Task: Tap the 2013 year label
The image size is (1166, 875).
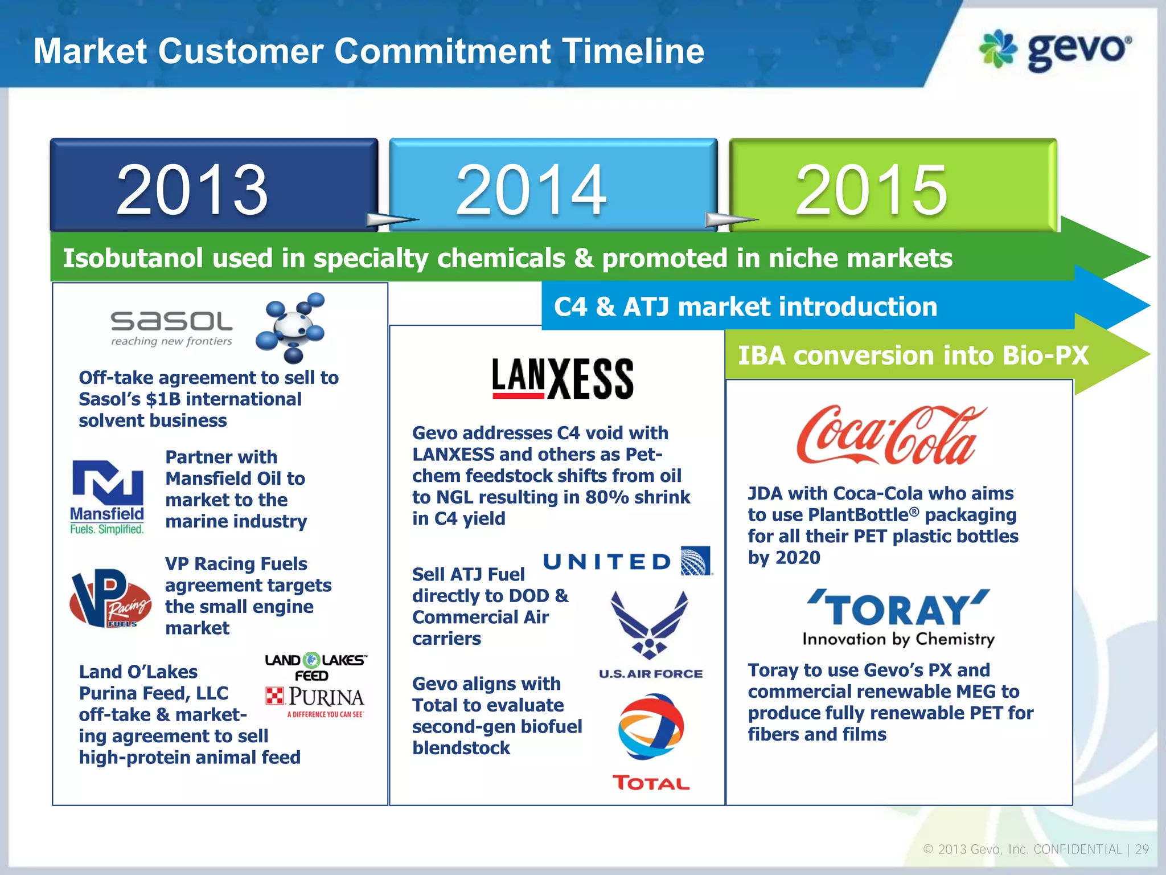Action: (192, 190)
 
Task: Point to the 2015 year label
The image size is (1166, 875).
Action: (871, 190)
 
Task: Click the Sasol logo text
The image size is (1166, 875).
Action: (171, 322)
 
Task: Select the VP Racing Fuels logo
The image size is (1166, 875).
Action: (110, 598)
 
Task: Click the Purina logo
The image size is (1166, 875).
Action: (315, 698)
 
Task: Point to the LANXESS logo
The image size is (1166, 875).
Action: (563, 378)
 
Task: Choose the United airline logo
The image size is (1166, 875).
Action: (626, 562)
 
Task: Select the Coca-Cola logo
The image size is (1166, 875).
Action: (891, 435)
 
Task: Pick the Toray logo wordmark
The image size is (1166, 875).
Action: (898, 610)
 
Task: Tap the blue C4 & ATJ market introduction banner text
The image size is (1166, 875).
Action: (745, 306)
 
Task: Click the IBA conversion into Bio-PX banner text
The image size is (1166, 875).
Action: (913, 355)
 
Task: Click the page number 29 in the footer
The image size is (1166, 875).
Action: (1142, 849)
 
